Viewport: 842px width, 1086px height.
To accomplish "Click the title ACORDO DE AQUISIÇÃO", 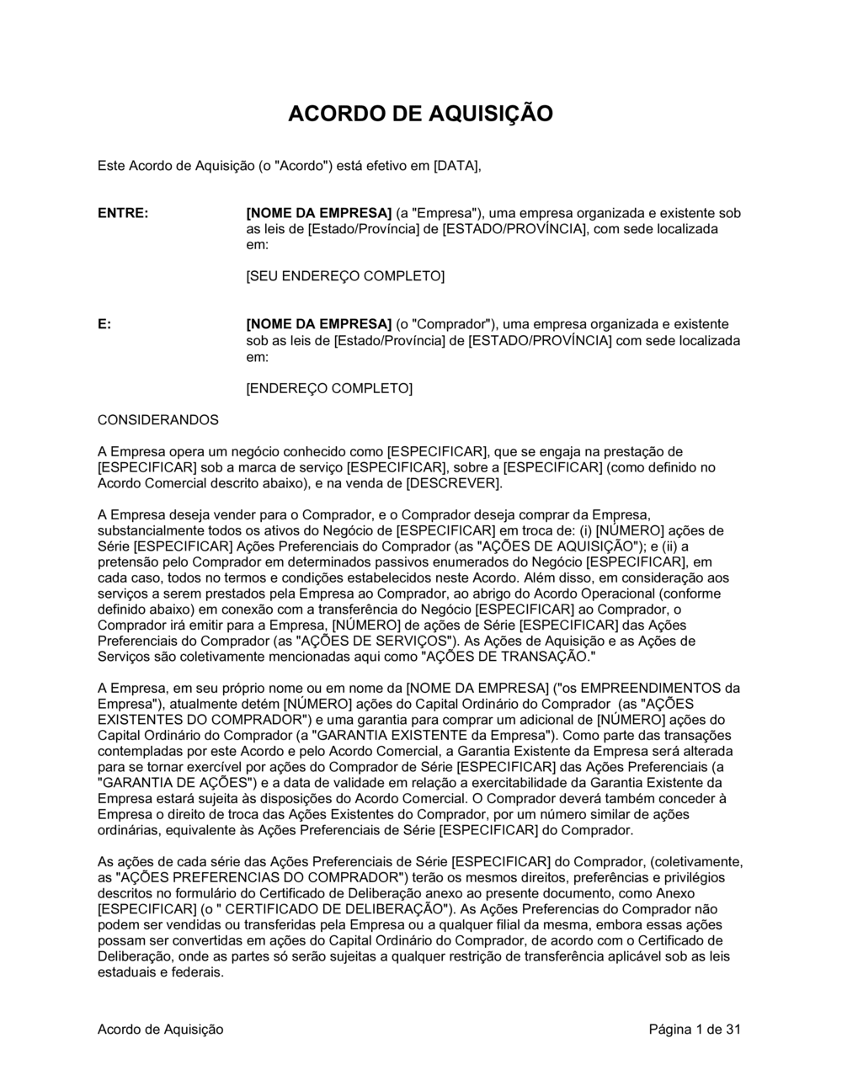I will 420,114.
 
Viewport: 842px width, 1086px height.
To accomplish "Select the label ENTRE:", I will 123,213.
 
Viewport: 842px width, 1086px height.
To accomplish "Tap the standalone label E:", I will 104,324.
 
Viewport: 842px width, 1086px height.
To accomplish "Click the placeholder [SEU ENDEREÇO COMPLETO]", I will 344,276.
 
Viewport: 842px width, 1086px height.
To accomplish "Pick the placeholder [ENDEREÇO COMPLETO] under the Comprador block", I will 329,388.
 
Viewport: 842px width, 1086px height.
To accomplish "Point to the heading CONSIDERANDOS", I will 158,419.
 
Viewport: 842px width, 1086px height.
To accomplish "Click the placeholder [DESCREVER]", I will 454,483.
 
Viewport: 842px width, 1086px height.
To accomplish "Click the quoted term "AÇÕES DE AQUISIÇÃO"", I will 560,546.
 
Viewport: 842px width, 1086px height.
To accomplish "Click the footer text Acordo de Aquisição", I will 161,1029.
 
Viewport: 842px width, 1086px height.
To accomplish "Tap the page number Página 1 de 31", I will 695,1029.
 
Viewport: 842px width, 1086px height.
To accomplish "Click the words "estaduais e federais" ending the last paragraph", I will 160,972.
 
